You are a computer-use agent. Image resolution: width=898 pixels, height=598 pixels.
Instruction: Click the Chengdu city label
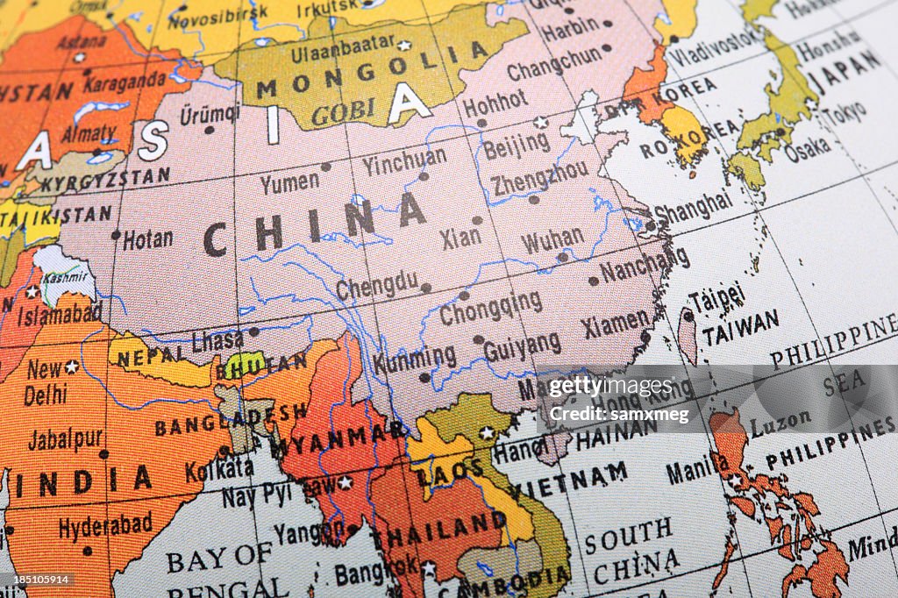pyautogui.click(x=377, y=285)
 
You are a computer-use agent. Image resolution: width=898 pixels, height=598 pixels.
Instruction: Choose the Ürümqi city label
pyautogui.click(x=210, y=114)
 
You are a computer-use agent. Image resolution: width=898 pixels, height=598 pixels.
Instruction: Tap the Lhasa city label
pyautogui.click(x=217, y=340)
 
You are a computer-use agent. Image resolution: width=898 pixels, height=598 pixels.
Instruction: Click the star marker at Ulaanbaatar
pyautogui.click(x=403, y=45)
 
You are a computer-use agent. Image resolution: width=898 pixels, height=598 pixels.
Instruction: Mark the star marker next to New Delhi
pyautogui.click(x=71, y=367)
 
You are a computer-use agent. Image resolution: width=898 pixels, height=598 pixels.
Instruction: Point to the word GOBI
pyautogui.click(x=342, y=112)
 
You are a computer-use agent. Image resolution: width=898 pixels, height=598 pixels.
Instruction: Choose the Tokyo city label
pyautogui.click(x=844, y=112)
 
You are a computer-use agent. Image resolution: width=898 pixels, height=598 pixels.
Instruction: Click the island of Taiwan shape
pyautogui.click(x=688, y=336)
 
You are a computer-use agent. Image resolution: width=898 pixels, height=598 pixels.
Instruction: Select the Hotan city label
pyautogui.click(x=147, y=239)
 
